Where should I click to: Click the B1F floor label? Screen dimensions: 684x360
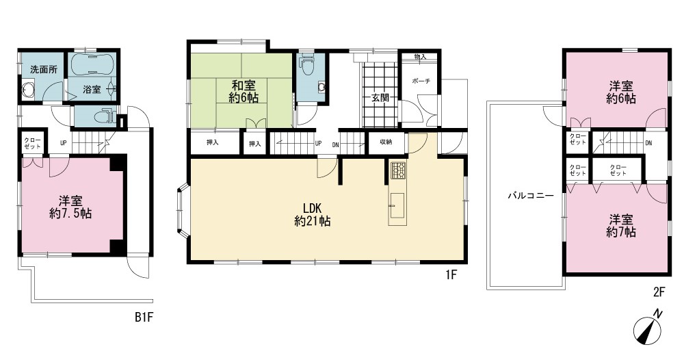[x=144, y=318]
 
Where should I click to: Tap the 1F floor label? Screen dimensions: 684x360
[x=451, y=275]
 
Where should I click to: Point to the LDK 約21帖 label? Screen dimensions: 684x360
[x=313, y=214]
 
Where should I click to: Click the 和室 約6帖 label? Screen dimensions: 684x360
[x=244, y=91]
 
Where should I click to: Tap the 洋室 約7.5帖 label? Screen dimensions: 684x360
[x=70, y=207]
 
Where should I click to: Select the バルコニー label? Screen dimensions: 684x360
[x=530, y=196]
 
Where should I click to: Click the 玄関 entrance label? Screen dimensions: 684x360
[x=380, y=97]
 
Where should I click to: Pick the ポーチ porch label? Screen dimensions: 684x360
[x=421, y=81]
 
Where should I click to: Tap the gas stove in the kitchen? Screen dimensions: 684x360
[x=398, y=170]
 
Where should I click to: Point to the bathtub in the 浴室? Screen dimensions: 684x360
[x=92, y=64]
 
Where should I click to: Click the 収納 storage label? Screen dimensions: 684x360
[x=386, y=142]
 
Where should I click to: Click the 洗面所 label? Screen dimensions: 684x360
[x=44, y=70]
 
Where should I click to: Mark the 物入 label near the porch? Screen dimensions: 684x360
[x=420, y=57]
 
